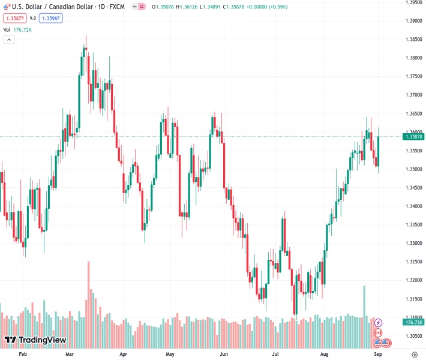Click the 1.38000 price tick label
(x=412, y=58)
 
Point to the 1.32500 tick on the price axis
(x=412, y=262)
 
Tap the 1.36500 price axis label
(x=412, y=113)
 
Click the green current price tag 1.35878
(x=414, y=137)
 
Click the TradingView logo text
(x=42, y=340)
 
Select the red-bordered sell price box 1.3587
(x=13, y=18)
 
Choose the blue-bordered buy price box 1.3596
(x=51, y=18)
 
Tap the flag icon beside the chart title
(x=7, y=7)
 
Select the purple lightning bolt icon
(x=379, y=323)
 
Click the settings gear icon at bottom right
(x=414, y=355)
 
